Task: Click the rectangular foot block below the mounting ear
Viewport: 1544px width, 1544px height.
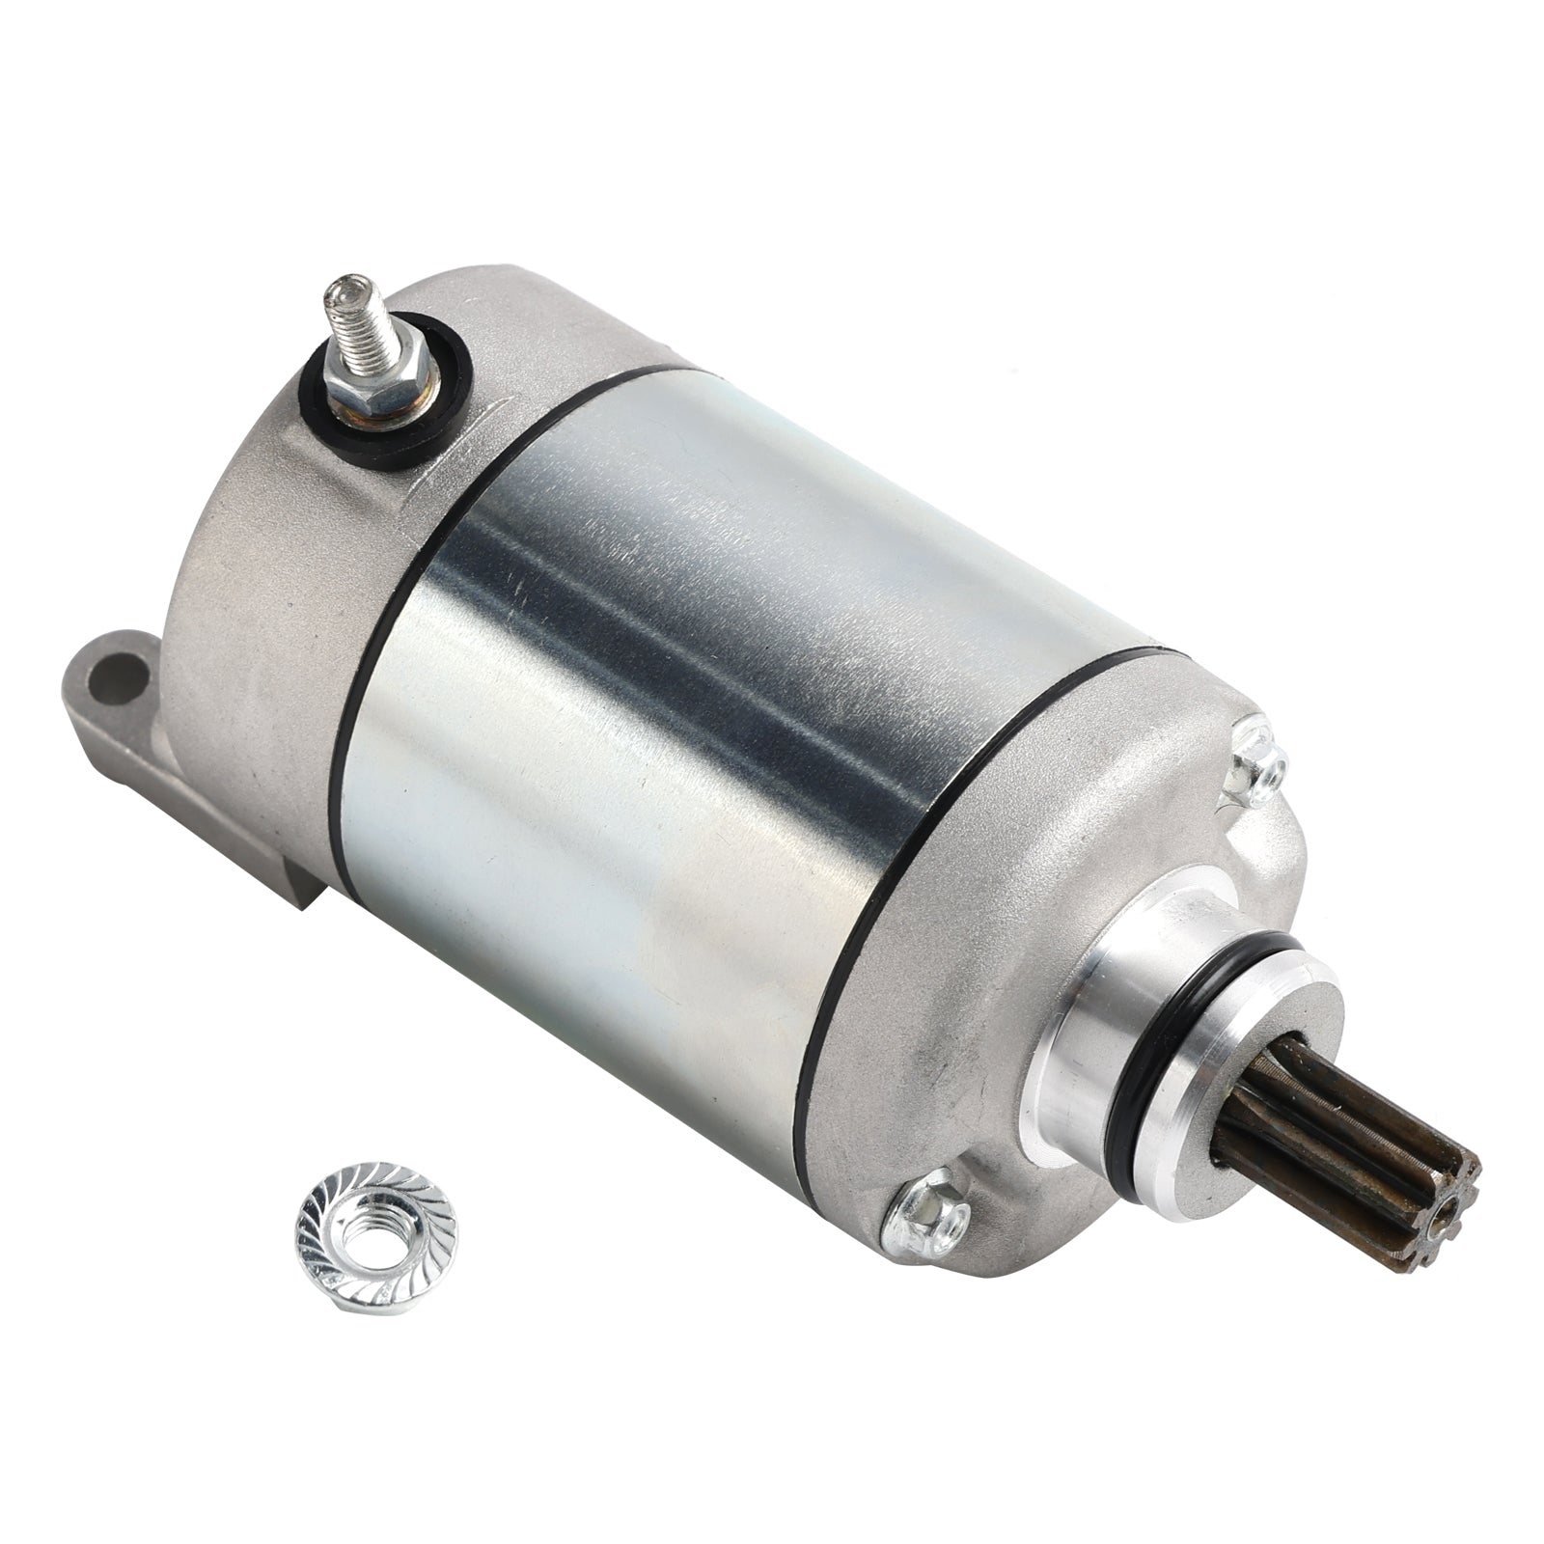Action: tap(289, 840)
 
